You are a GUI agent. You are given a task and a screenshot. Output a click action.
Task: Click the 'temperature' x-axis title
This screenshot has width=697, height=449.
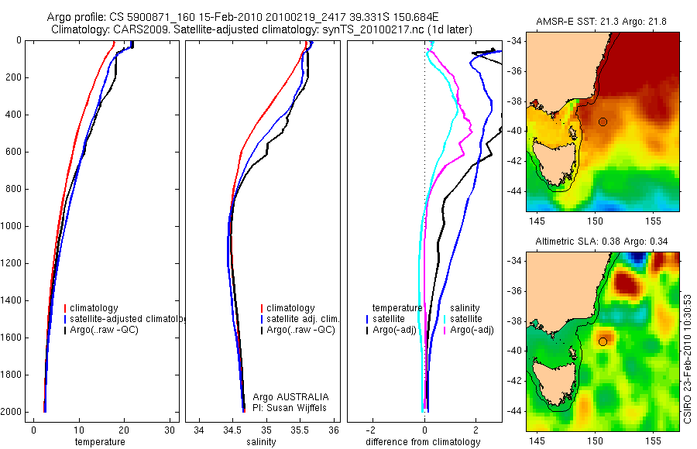99,442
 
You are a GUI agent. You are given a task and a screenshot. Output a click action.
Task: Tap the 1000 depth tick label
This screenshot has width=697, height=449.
12,227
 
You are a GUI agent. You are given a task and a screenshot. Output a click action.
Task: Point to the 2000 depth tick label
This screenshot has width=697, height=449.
12,413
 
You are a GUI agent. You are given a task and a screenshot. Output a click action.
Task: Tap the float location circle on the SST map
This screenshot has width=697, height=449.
603,122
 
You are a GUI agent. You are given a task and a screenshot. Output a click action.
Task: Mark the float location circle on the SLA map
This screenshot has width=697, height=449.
603,341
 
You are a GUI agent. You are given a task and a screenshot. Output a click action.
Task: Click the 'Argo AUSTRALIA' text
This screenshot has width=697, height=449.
286,396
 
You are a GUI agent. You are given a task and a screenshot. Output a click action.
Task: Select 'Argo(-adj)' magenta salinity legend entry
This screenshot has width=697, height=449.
473,331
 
